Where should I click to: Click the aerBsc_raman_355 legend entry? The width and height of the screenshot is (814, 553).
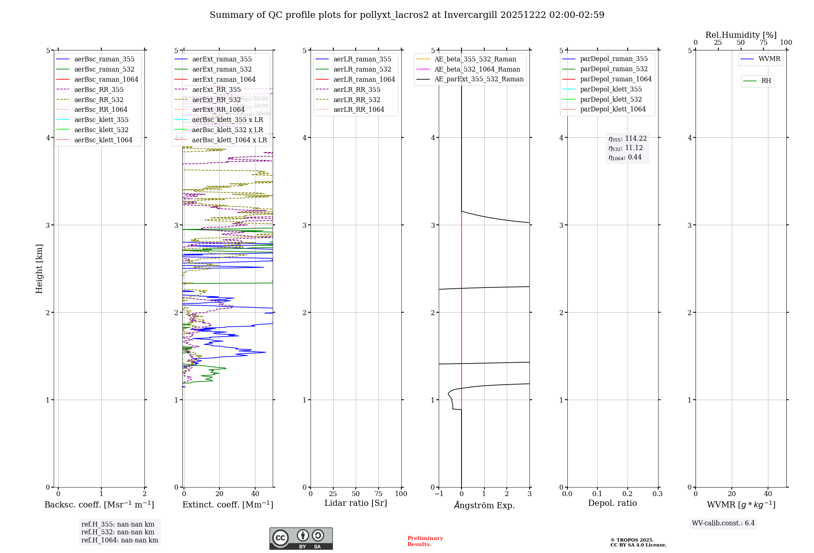coord(104,59)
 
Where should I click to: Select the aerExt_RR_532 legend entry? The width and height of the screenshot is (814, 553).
coord(216,100)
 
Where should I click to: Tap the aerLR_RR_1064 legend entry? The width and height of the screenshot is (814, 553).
coord(359,110)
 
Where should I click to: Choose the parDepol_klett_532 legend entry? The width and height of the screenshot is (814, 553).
coord(610,100)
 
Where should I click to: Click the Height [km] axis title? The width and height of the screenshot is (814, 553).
coord(39,268)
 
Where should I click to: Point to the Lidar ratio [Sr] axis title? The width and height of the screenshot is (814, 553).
coord(356,503)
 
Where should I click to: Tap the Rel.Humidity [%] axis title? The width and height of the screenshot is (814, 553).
coord(741,35)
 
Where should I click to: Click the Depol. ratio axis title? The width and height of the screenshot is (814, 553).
coord(612,503)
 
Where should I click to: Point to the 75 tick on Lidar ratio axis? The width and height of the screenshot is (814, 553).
coord(379,494)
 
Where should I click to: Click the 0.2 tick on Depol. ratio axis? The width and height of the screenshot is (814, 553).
coord(628,494)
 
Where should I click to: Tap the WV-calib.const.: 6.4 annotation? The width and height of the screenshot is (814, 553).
coord(723,523)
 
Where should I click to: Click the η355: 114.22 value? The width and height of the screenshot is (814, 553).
coord(627,139)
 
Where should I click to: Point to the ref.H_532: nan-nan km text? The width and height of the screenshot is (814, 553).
coord(118,532)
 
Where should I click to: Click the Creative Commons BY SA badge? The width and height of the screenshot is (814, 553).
coord(301,538)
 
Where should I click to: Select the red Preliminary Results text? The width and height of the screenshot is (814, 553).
coord(425,541)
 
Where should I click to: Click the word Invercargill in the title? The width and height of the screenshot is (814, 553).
coord(470,15)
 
